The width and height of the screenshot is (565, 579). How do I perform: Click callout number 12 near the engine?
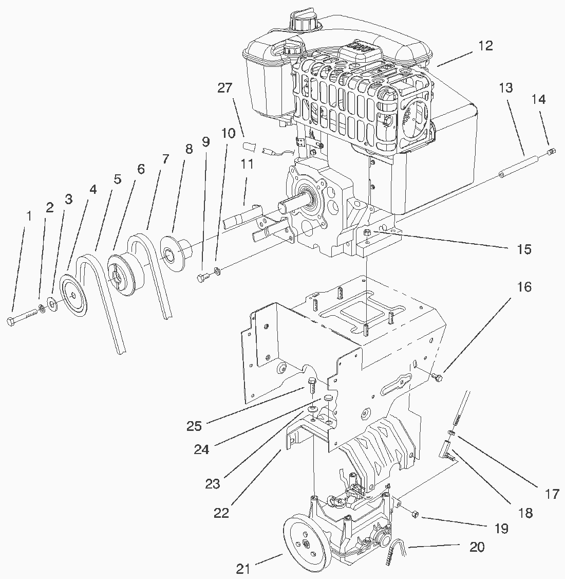[485, 46]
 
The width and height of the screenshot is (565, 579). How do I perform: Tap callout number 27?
[224, 88]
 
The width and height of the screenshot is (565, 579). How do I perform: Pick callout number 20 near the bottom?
[477, 547]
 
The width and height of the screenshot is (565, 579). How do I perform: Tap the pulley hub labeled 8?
[173, 252]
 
